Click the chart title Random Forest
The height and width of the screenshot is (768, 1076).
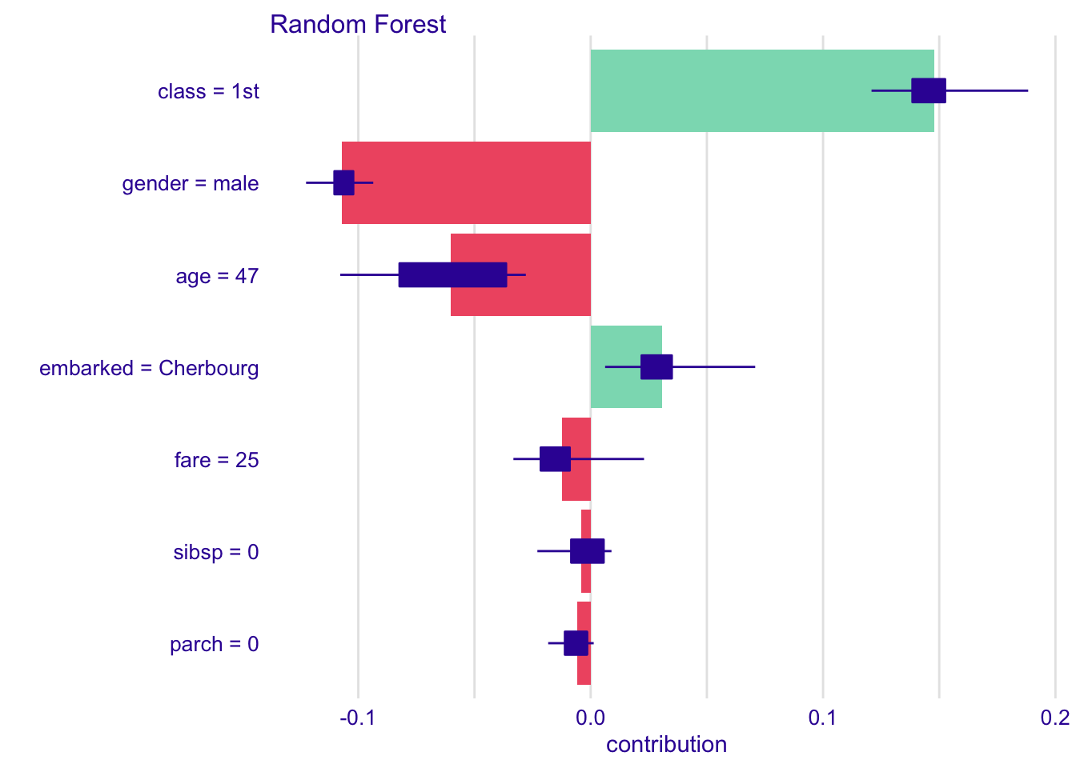[358, 24]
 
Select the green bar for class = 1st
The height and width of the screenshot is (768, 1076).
[762, 90]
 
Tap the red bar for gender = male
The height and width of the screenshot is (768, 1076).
[467, 183]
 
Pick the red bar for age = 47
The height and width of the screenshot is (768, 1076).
[520, 275]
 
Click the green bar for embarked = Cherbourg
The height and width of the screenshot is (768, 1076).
[626, 367]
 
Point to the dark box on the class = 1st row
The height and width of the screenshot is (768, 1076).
[929, 90]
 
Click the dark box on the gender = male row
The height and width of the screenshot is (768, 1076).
[344, 183]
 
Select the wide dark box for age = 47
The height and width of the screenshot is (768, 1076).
[452, 275]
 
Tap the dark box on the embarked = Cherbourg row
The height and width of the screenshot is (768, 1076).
[656, 367]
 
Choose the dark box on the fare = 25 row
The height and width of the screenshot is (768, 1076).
[556, 459]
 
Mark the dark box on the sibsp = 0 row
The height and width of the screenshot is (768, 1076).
[588, 551]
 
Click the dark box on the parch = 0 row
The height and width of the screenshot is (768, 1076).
[576, 643]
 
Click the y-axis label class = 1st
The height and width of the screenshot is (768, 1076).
[208, 91]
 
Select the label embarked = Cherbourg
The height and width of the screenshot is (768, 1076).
[149, 369]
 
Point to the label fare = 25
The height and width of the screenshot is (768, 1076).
[217, 460]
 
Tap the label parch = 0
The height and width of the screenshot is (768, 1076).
[215, 645]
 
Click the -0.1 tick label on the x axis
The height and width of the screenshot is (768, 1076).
[357, 718]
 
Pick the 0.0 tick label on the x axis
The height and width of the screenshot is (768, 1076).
[590, 718]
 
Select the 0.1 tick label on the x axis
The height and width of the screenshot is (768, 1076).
[822, 718]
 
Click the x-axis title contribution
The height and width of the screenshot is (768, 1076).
[666, 745]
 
